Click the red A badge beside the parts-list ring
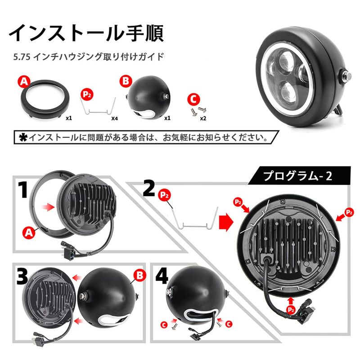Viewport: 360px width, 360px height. pos(25,82)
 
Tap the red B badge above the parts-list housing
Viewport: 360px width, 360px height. pos(126,81)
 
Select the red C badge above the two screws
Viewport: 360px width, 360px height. pos(193,99)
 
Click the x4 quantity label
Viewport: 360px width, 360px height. pos(114,118)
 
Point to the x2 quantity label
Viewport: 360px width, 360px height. pos(203,118)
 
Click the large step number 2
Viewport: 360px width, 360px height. pos(149,188)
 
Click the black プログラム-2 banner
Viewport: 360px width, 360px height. pos(299,175)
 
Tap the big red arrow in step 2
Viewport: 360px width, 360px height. pos(226,222)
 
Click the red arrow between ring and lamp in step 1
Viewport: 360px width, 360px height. pos(48,207)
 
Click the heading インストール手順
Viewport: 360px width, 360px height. pos(86,33)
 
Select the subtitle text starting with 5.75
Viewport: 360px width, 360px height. pos(88,57)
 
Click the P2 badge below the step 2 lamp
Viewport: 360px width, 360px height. pos(291,310)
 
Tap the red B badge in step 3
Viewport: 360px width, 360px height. pos(139,275)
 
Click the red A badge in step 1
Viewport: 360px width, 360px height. pos(28,233)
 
